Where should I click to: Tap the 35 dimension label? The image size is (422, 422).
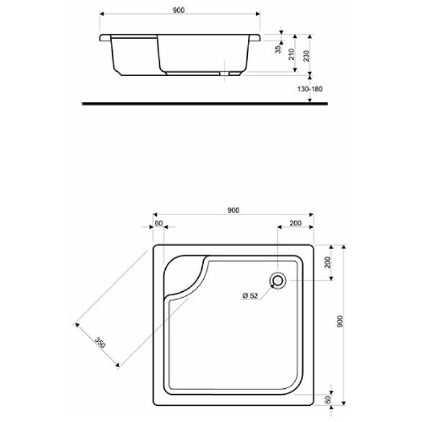[278, 49]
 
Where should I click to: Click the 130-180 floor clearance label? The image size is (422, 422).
[311, 89]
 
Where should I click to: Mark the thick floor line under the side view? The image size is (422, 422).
[205, 104]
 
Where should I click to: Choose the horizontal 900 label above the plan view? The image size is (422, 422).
[233, 210]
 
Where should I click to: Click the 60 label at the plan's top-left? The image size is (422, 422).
[159, 223]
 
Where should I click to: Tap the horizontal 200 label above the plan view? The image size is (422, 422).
[295, 223]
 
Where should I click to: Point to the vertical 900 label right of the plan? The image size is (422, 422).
[340, 323]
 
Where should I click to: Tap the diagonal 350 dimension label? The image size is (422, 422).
[100, 344]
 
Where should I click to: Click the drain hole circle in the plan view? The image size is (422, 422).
[278, 280]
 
